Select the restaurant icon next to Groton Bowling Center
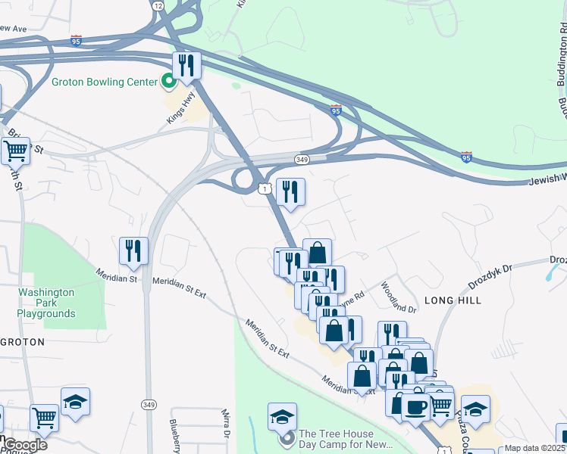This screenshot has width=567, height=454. click(186, 66)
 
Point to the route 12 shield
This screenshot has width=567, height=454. click(157, 5)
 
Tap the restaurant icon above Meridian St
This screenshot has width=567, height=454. click(133, 251)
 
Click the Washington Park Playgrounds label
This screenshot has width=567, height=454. click(46, 303)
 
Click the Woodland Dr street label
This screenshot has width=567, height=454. click(399, 298)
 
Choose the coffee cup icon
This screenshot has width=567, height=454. click(415, 407)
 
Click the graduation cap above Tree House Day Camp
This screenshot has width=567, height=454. click(282, 417)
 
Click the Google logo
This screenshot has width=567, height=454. click(24, 445)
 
